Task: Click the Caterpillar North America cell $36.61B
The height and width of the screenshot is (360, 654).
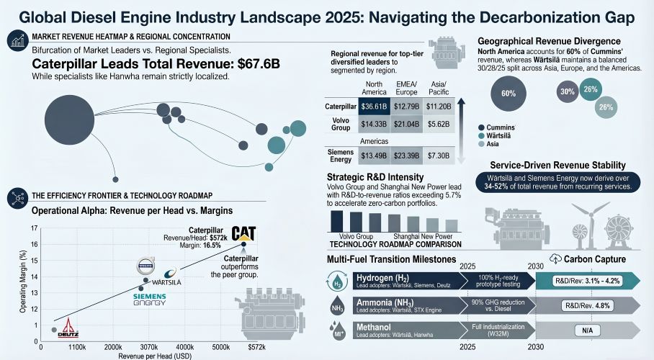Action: [375, 107]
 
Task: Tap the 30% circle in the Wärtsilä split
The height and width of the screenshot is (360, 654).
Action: [568, 91]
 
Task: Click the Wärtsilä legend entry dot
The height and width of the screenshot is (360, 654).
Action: [480, 135]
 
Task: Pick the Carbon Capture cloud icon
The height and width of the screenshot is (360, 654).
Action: [555, 258]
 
